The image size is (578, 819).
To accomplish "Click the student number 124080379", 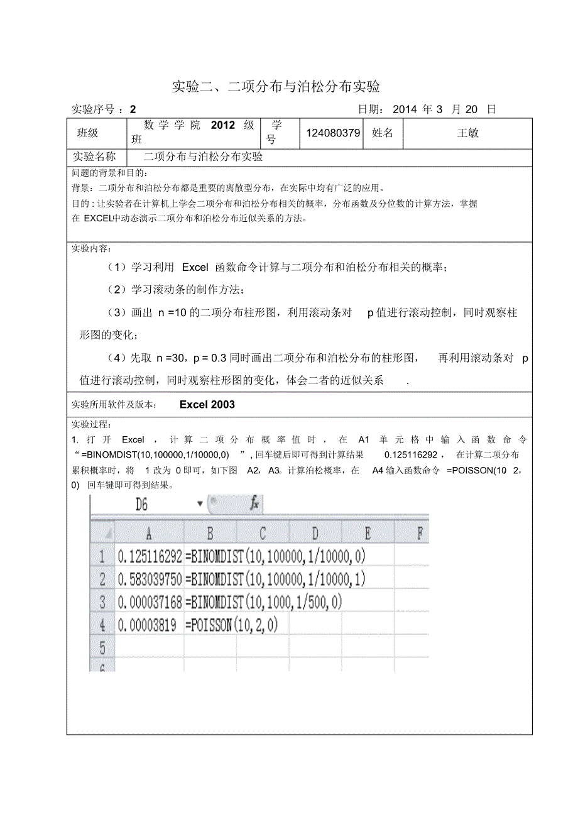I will point(332,133).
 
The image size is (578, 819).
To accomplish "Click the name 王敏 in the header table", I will point(467,133).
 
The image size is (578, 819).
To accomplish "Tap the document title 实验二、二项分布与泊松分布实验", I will point(276,86).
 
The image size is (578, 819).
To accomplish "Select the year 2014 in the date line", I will point(405,109).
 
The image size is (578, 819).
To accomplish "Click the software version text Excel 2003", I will point(207,405).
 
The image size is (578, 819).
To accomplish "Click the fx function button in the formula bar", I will point(254,503).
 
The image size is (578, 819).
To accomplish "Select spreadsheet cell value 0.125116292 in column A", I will point(150,556).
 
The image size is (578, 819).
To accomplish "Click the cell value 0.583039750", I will point(150,579).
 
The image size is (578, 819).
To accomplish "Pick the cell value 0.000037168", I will point(150,602).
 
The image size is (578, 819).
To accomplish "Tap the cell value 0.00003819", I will point(147,625).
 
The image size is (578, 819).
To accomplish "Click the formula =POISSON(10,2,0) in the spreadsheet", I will point(231,625).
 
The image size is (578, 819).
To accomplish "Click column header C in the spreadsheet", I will point(263,534).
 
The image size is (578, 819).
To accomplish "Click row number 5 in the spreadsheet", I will point(102,647).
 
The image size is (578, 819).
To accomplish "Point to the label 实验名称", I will point(94,157).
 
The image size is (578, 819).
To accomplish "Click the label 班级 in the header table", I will point(87,133).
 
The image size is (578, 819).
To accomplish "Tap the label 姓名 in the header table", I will point(383,133).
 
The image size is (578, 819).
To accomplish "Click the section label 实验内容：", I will point(92,248).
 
